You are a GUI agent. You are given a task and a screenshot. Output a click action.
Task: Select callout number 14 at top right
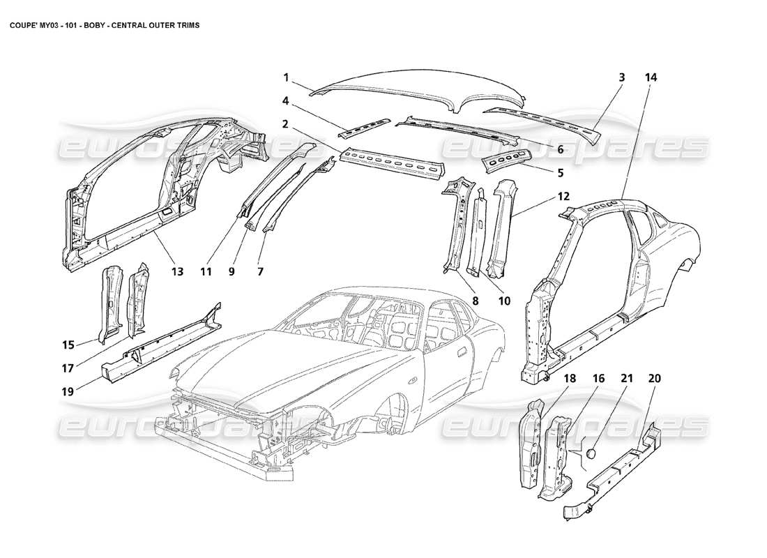(651, 77)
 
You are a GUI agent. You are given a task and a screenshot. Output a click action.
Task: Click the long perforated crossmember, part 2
(390, 162)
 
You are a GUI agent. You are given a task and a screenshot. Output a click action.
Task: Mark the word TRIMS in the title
(185, 24)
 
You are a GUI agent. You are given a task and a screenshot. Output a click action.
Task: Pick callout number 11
(204, 271)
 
